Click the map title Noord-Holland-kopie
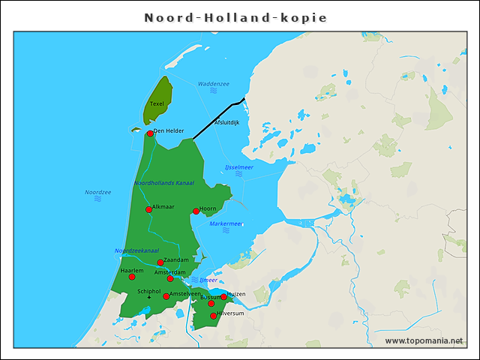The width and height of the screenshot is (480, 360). [x=235, y=17]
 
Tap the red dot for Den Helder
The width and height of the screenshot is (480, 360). [x=150, y=133]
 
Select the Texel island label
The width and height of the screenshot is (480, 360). [x=157, y=104]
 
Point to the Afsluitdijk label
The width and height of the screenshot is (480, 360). [x=226, y=122]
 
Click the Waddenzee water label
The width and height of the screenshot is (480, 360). [x=214, y=84]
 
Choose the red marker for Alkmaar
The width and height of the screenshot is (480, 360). [x=148, y=210]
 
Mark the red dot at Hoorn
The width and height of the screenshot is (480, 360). [x=196, y=211]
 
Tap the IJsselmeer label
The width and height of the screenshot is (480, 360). [x=239, y=167]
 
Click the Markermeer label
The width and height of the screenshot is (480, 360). [x=226, y=223]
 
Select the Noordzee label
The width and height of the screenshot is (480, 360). [x=97, y=193]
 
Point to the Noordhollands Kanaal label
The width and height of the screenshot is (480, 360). [x=164, y=183]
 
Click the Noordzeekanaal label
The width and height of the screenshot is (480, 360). [x=136, y=250]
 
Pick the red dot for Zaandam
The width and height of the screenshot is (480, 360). [x=160, y=262]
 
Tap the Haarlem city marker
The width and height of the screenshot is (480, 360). [x=132, y=277]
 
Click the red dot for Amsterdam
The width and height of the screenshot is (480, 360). [x=170, y=279]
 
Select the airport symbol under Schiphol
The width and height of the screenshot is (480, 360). [x=149, y=298]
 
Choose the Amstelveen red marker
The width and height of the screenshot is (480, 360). [x=166, y=297]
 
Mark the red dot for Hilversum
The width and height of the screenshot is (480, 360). [x=214, y=316]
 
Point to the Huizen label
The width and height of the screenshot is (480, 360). [x=236, y=294]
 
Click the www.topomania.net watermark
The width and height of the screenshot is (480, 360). [x=424, y=340]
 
